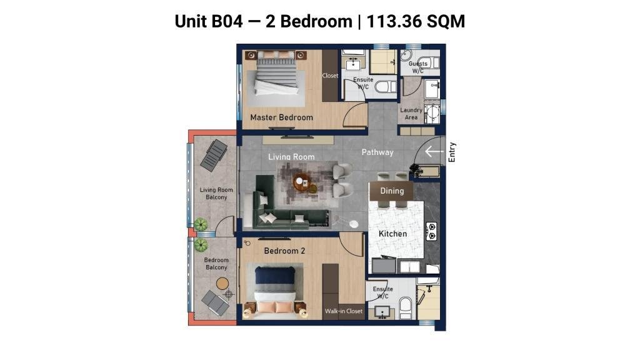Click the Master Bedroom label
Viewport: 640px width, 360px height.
tap(282, 117)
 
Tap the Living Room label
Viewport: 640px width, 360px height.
tap(291, 156)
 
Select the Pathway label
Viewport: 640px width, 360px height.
tap(377, 152)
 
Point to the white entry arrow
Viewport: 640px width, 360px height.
tap(434, 152)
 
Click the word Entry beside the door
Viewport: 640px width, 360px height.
tap(452, 152)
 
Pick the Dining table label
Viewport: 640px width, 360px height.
tap(392, 191)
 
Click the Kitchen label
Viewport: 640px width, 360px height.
tap(392, 234)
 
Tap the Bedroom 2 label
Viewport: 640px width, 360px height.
tap(284, 251)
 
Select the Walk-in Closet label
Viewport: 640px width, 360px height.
tap(344, 311)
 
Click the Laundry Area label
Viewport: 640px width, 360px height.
tap(411, 114)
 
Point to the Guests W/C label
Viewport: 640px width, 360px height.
tap(418, 67)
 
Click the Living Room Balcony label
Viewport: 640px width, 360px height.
tap(216, 194)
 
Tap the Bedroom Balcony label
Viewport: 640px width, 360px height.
tap(216, 264)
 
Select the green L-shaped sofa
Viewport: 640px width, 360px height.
tap(286, 208)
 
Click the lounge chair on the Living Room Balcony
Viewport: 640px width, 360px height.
tap(214, 155)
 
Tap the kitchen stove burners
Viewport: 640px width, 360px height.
tap(431, 231)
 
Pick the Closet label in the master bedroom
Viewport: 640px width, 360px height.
tap(330, 76)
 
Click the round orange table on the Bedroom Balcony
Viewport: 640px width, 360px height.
tap(222, 283)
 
